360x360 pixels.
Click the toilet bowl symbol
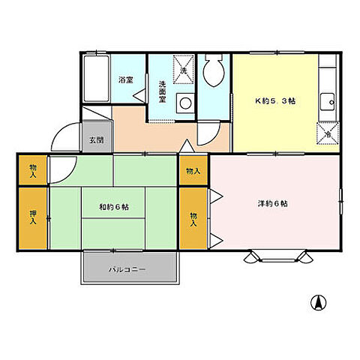[213, 70]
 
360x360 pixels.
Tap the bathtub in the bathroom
[96, 79]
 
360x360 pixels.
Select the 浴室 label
[126, 80]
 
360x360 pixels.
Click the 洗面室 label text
[163, 91]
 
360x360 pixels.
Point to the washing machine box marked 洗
[184, 69]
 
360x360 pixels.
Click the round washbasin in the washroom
[185, 103]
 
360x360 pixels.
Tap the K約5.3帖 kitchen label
[275, 101]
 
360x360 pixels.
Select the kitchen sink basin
[328, 101]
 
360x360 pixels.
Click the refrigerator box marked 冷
[328, 133]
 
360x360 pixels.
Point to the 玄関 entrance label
[97, 140]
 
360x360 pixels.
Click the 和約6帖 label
[114, 207]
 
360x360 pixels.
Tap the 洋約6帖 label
[273, 203]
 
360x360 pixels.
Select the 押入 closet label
[33, 217]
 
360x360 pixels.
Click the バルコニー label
[127, 270]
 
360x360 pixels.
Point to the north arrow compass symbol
[318, 302]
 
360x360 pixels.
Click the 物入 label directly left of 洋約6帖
[193, 219]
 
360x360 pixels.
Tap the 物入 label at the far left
[33, 171]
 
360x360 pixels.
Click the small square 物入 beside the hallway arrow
[193, 171]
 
